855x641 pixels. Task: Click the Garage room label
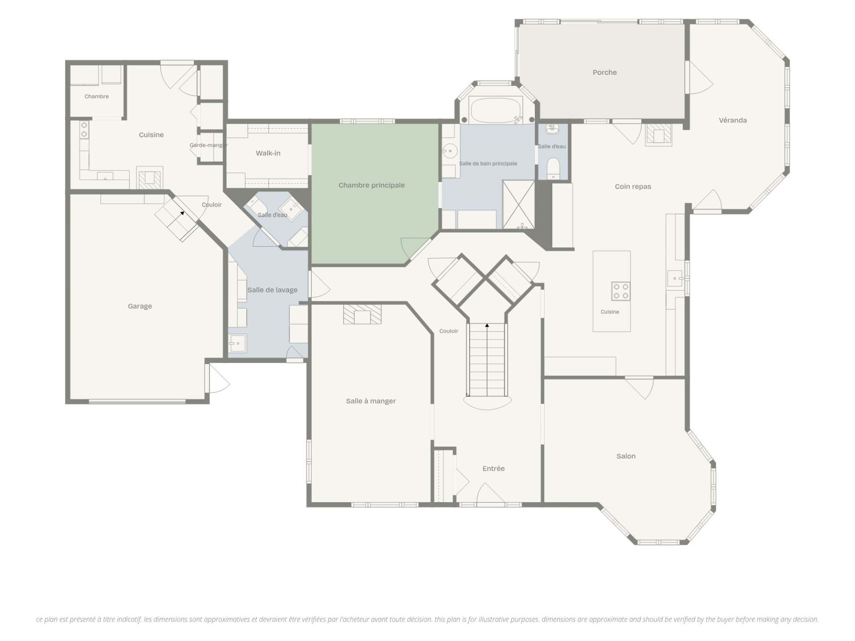point(140,306)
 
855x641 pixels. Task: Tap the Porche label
point(605,72)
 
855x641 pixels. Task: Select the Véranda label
point(733,120)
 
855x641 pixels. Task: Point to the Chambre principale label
point(371,185)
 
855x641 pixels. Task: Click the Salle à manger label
point(371,401)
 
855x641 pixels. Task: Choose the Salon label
point(626,456)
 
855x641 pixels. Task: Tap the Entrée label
point(493,468)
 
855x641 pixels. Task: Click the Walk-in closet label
point(268,153)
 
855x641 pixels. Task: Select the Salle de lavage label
point(273,290)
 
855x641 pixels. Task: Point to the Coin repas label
point(633,187)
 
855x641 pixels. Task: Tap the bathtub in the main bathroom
point(496,110)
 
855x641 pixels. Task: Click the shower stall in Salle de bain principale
point(519,204)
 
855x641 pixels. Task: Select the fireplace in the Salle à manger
point(362,314)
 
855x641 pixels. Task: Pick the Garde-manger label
point(208,145)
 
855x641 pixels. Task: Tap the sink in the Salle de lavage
point(238,343)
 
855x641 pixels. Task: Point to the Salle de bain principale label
point(488,163)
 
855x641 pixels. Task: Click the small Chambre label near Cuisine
point(97,96)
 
